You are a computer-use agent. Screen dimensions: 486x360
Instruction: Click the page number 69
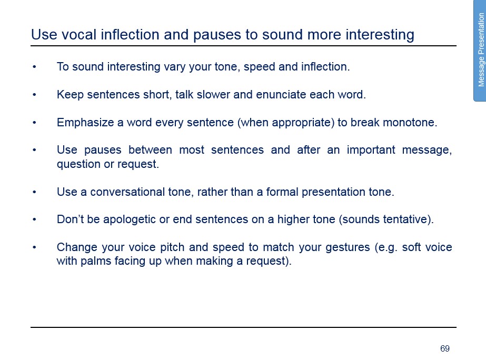click(445, 348)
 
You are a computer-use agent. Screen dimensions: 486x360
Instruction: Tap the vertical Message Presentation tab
click(480, 50)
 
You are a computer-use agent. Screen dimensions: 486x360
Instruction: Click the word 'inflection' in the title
click(130, 34)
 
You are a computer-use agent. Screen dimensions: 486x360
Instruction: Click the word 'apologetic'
click(129, 219)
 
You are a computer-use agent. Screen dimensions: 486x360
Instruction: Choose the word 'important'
click(371, 150)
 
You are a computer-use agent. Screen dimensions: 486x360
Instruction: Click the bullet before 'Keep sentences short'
click(34, 95)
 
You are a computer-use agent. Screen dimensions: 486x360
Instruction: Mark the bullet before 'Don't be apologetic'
click(34, 219)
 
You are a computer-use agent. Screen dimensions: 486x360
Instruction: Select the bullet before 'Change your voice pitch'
click(34, 247)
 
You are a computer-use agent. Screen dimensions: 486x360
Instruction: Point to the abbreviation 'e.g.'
click(385, 247)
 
